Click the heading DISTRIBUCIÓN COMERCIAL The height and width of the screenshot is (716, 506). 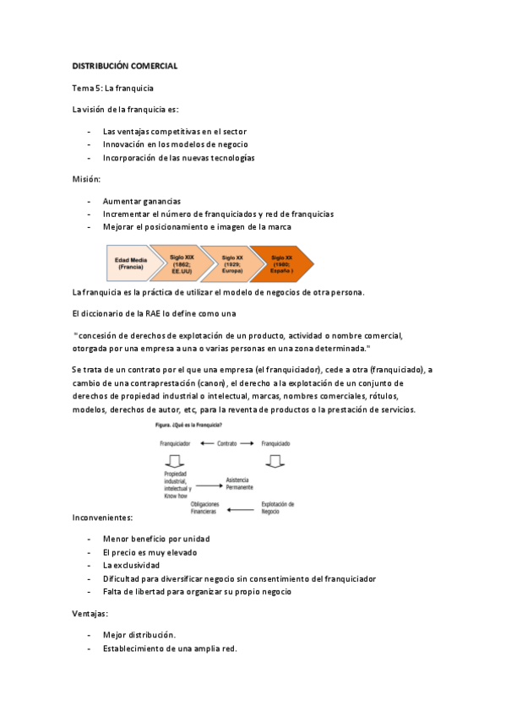pyautogui.click(x=124, y=65)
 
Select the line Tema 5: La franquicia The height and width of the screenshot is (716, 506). pyautogui.click(x=112, y=87)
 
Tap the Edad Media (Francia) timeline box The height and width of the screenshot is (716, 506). pyautogui.click(x=130, y=263)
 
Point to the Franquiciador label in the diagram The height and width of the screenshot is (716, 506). pyautogui.click(x=175, y=442)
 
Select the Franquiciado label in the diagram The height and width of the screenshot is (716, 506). pyautogui.click(x=275, y=442)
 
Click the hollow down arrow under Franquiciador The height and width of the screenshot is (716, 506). pyautogui.click(x=175, y=461)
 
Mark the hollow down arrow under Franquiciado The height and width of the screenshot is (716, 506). pyautogui.click(x=275, y=461)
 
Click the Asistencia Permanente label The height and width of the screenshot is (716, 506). pyautogui.click(x=239, y=484)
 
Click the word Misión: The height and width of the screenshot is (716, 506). pyautogui.click(x=86, y=179)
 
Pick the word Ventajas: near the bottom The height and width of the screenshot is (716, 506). pyautogui.click(x=90, y=614)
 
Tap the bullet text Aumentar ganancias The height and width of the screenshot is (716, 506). pyautogui.click(x=142, y=201)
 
